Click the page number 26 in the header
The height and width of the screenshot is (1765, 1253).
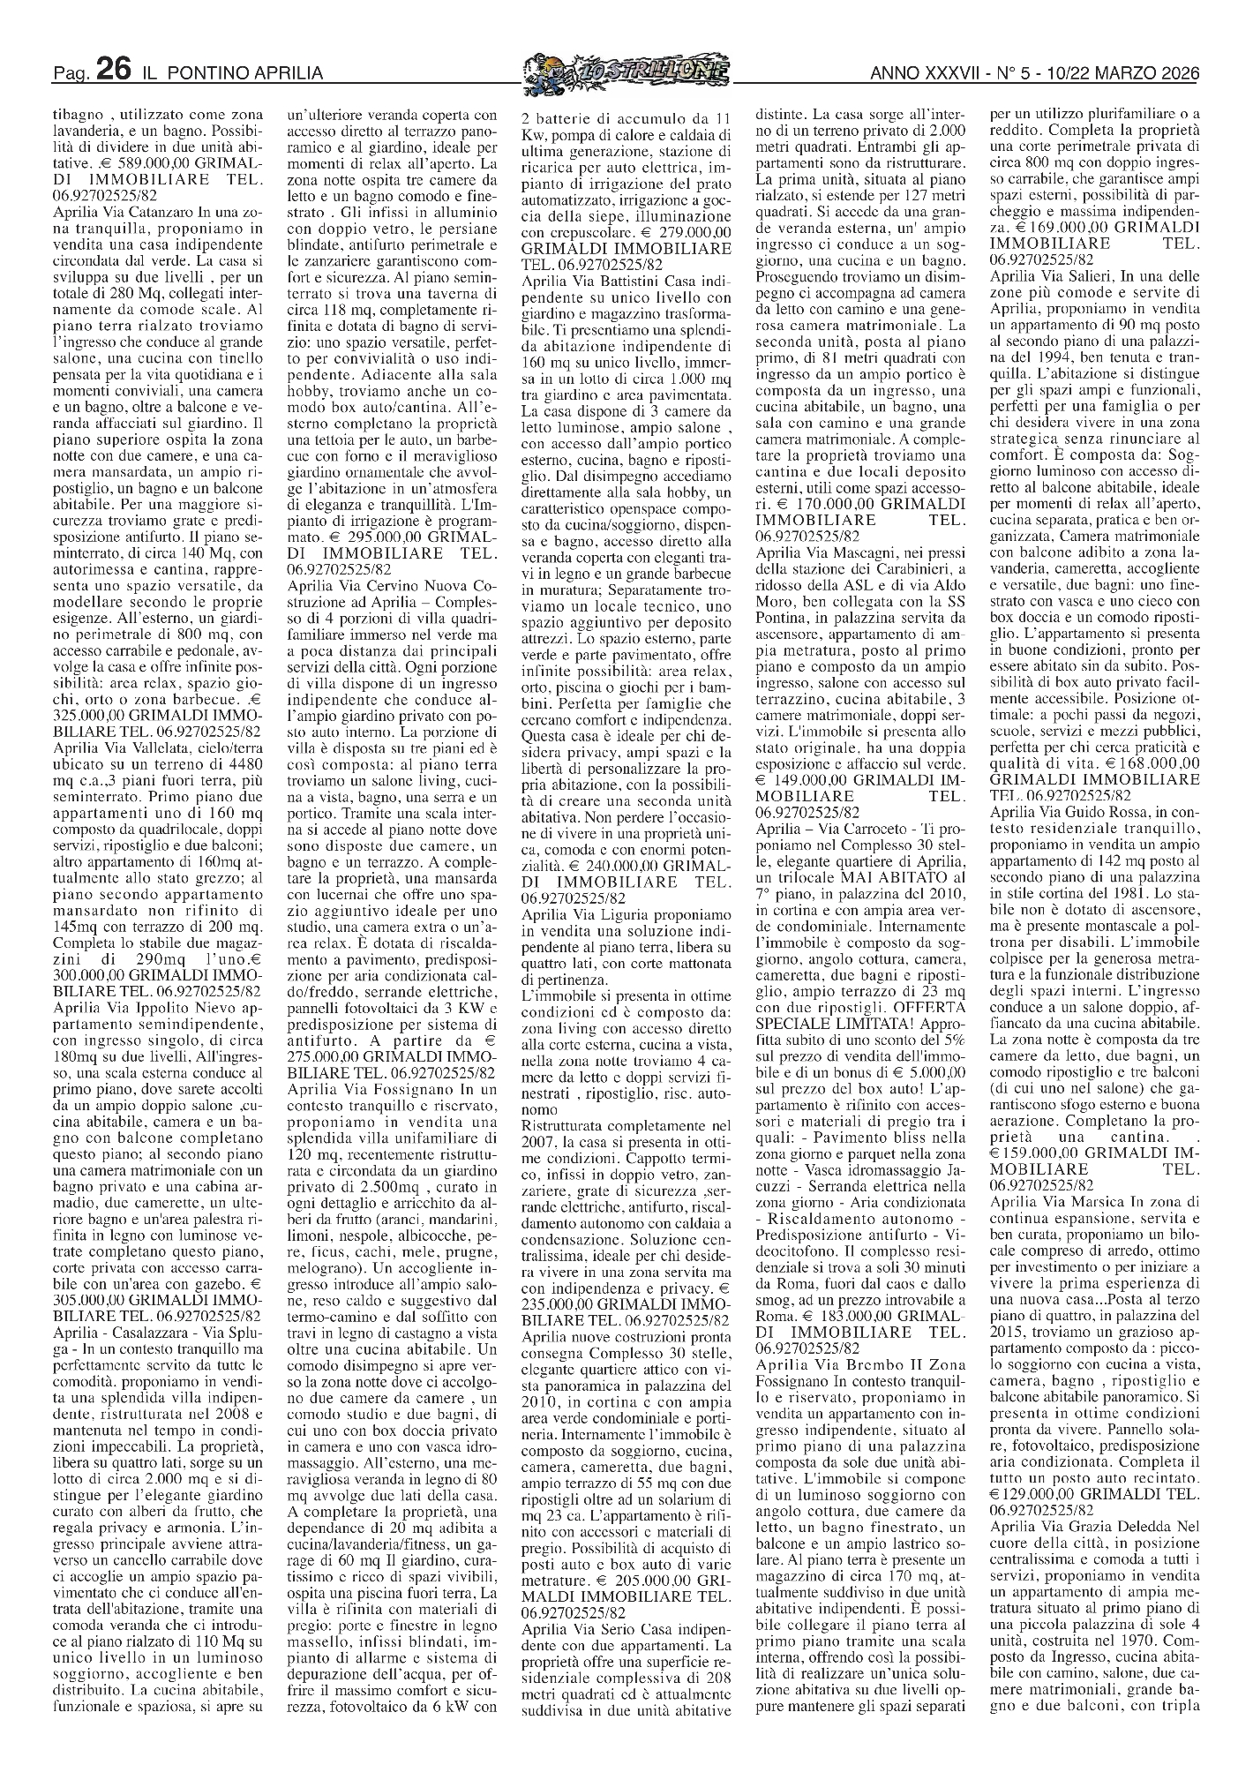point(114,71)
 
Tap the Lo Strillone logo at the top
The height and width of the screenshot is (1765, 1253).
point(626,71)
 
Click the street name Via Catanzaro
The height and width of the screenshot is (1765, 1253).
point(148,213)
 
